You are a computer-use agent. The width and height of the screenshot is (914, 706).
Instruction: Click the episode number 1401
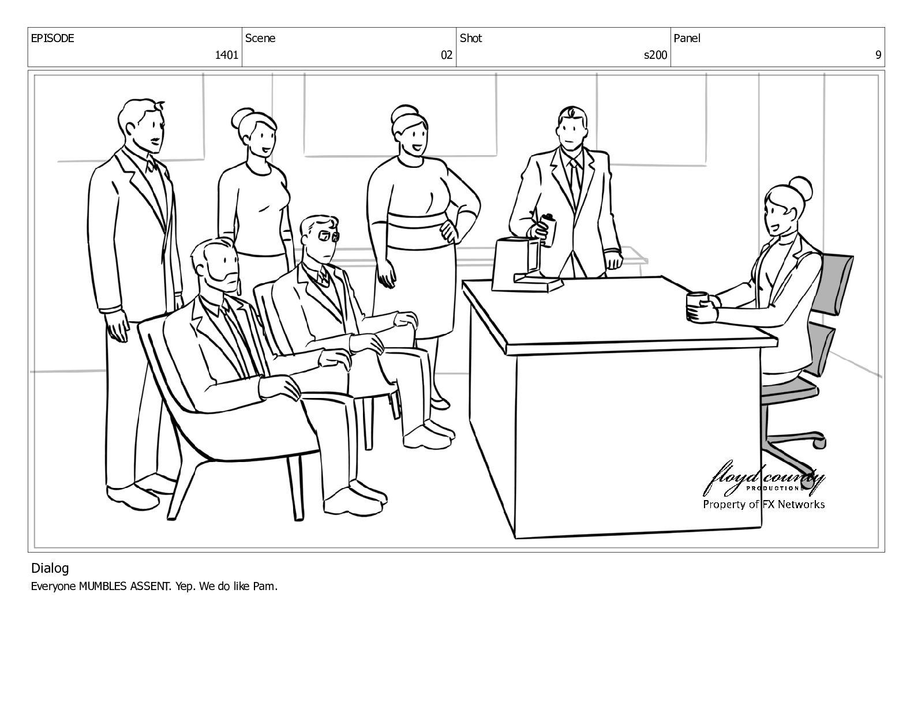[226, 55]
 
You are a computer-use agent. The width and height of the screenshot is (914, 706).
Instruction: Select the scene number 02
[446, 55]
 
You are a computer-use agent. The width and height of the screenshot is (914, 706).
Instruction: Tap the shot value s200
[655, 55]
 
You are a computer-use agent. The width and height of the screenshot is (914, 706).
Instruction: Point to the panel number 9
[878, 55]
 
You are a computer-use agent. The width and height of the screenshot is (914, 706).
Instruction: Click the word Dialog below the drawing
[50, 569]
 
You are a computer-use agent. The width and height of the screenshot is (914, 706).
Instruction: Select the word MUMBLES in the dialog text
[103, 586]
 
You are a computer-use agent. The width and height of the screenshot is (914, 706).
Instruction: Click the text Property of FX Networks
[763, 504]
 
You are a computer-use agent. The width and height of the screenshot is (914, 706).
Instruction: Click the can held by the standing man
[548, 229]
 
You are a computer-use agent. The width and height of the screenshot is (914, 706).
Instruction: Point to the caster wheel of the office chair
[819, 443]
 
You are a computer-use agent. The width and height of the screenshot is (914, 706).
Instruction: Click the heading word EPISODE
[53, 38]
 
